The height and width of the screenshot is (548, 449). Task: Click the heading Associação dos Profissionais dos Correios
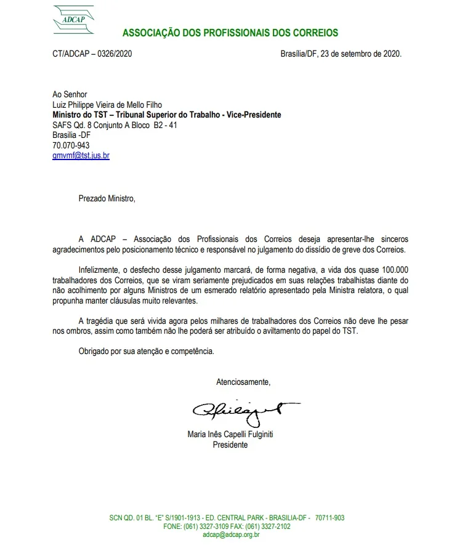230,33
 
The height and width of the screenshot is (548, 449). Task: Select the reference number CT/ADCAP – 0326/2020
92,54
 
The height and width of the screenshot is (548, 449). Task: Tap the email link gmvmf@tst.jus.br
81,156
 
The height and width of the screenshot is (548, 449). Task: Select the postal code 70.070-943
71,146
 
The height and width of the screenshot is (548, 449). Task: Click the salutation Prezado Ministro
106,198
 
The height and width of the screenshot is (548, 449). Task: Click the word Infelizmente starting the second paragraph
100,270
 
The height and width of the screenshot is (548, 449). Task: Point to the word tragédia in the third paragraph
107,321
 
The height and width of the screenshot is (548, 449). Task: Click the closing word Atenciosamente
243,382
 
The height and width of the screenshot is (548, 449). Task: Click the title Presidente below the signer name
230,445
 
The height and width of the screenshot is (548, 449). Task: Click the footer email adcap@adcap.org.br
231,535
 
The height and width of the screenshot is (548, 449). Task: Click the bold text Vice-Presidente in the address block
249,115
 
